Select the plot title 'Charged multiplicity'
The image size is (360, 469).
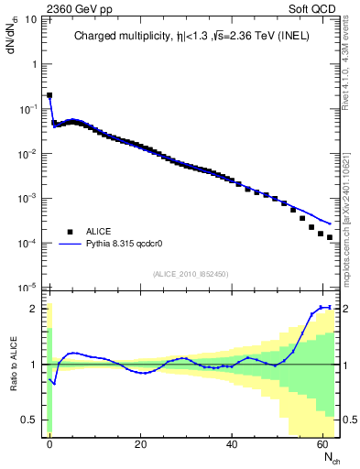[127, 38]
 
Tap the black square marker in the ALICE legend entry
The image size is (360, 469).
[69, 231]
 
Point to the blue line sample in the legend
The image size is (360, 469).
[70, 245]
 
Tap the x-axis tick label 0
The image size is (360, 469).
[49, 444]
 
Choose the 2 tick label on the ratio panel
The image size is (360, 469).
[36, 309]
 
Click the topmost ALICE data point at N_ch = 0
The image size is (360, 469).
[49, 95]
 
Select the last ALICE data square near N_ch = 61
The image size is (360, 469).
[330, 237]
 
